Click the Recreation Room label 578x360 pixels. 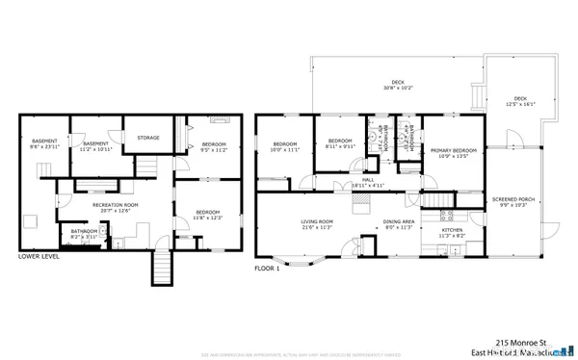pos(116,207)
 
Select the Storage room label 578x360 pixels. pos(147,138)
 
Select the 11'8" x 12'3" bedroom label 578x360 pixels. pos(208,216)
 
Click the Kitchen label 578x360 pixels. pos(452,232)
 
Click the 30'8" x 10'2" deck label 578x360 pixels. pos(397,85)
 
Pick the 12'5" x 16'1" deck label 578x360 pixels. pos(520,100)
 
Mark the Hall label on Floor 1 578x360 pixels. pos(367,181)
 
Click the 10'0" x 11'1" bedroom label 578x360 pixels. pos(285,146)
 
